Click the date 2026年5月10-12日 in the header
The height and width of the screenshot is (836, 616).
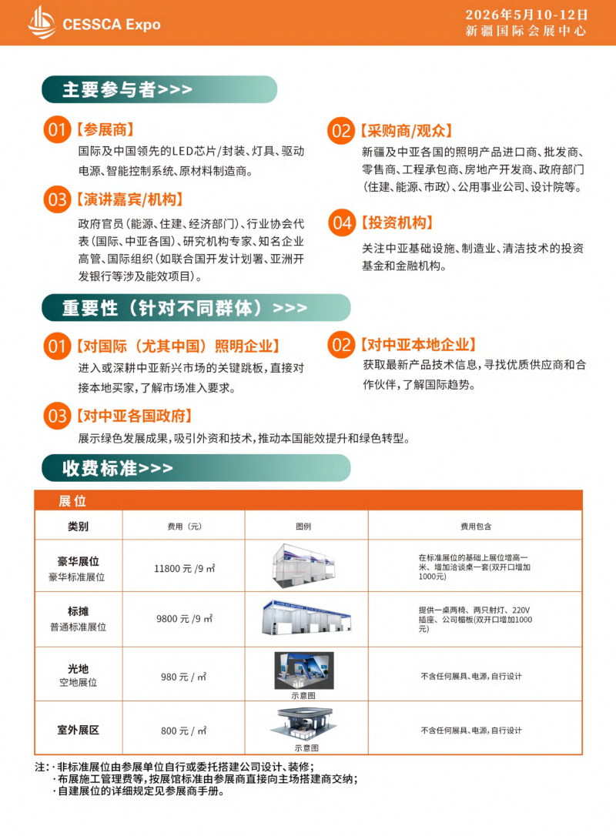527,15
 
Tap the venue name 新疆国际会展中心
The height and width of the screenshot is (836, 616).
527,32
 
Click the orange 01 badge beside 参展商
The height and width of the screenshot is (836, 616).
57,130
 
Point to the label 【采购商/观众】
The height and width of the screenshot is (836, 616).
406,131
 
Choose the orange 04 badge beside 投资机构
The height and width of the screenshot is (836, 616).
341,223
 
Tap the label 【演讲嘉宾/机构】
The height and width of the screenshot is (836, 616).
129,200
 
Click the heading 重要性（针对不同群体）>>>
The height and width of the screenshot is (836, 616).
185,308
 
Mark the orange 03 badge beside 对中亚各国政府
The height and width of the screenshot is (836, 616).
57,416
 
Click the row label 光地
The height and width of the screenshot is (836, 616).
79,669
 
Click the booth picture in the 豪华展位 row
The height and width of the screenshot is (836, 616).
306,564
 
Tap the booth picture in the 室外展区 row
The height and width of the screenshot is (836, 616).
306,724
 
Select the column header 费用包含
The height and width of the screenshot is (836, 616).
475,527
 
